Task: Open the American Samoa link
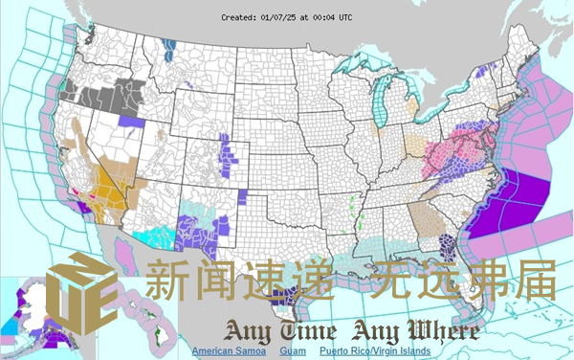(229, 351)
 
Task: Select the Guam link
(294, 351)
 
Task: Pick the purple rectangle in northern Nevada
(131, 122)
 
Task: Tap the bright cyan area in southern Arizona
(153, 234)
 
